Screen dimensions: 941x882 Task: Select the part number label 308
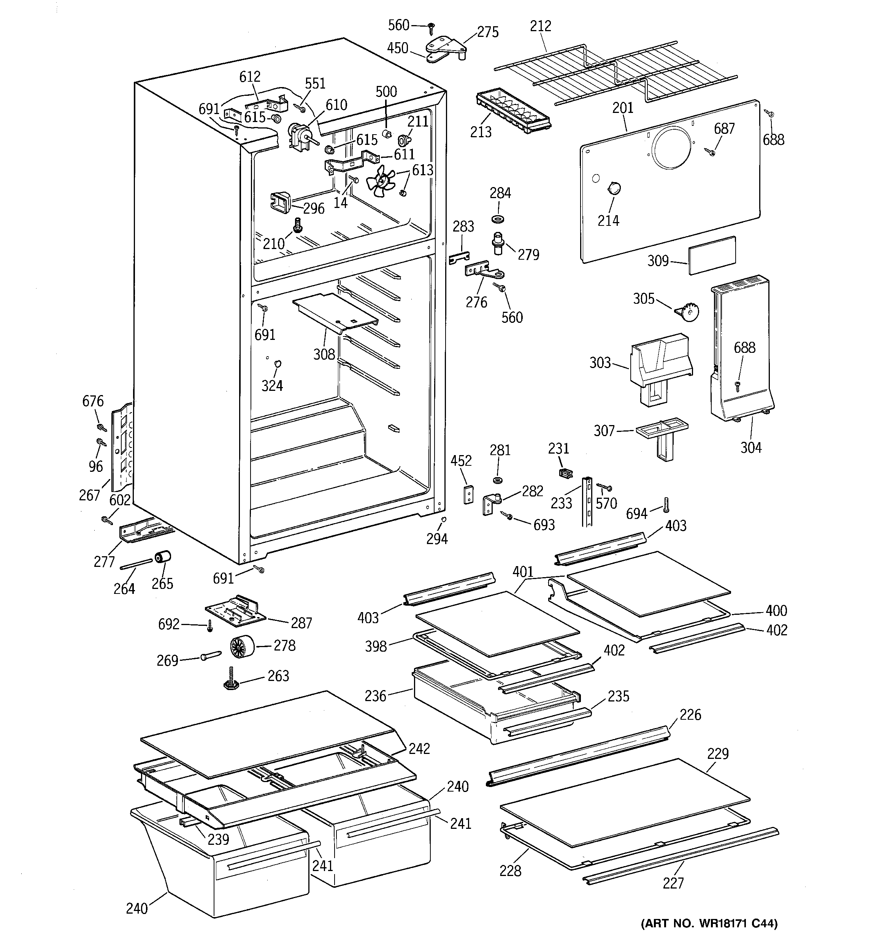pos(324,354)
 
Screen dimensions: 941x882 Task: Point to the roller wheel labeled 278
pos(242,647)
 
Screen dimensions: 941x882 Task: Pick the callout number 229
pos(718,754)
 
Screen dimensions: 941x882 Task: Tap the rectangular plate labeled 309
pos(712,255)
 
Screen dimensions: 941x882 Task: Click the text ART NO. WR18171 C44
pos(709,924)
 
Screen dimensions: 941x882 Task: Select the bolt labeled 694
pos(666,506)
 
